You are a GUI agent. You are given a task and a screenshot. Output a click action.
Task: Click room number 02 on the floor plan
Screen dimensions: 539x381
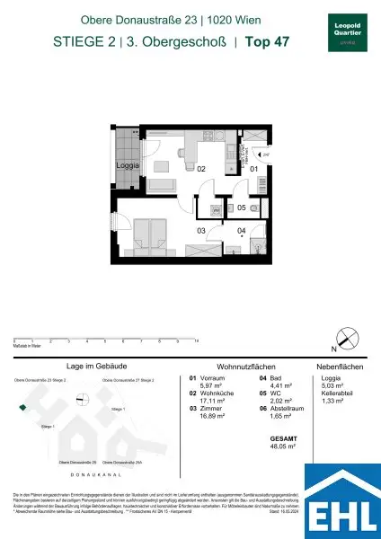click(202, 168)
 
